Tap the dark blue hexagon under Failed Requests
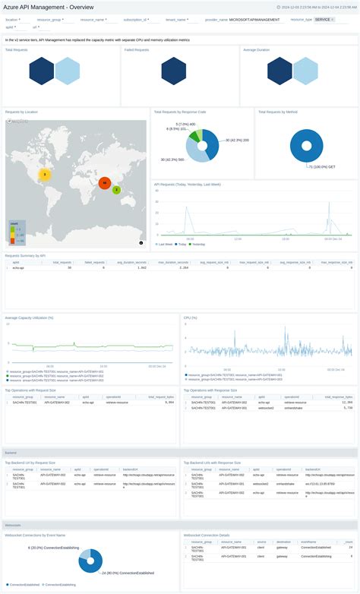(x=174, y=71)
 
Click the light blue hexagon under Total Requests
(x=67, y=71)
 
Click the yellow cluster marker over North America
(x=45, y=174)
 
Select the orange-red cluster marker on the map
(x=105, y=183)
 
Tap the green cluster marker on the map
(x=116, y=190)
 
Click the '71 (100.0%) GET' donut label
(x=323, y=166)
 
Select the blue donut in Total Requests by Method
(x=307, y=145)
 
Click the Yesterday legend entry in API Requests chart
(x=197, y=245)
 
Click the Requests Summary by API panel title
(x=26, y=256)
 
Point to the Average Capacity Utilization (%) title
(x=29, y=318)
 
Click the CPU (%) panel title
(x=191, y=318)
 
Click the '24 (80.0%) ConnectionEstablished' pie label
(x=125, y=573)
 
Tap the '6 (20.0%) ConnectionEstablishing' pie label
(x=52, y=547)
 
